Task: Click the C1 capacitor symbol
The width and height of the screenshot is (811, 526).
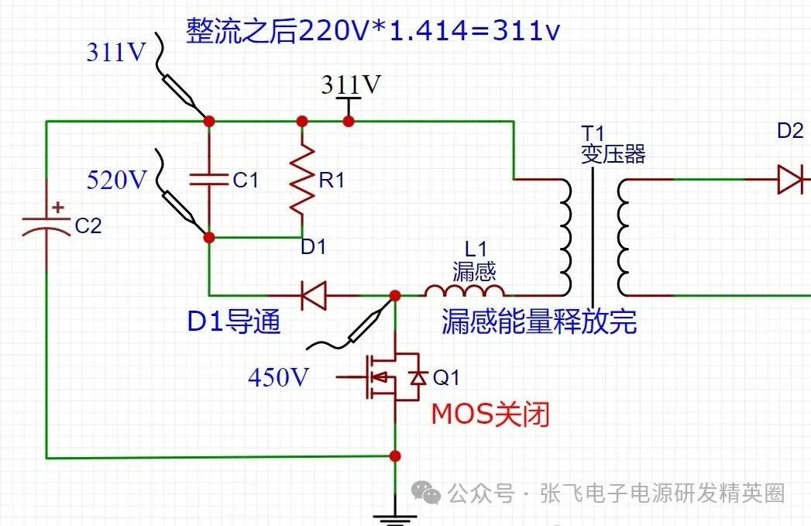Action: (209, 180)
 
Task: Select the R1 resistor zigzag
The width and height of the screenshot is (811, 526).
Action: (302, 180)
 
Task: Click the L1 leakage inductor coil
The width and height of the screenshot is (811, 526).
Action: (466, 291)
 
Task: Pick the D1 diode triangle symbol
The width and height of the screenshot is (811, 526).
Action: (314, 295)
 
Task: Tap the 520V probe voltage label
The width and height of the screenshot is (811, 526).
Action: (117, 180)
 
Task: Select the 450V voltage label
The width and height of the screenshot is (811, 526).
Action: (279, 377)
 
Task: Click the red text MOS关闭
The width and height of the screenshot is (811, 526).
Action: (490, 414)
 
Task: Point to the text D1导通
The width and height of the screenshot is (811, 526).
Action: (234, 321)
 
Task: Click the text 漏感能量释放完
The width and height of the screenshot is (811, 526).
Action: (539, 321)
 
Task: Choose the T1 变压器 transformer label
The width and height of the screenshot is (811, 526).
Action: (613, 144)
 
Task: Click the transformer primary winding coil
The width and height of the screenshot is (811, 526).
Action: (563, 237)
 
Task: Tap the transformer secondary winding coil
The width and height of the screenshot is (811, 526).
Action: (624, 237)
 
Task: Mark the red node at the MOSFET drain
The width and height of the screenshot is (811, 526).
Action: (395, 296)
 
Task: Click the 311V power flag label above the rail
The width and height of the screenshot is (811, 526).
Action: (351, 84)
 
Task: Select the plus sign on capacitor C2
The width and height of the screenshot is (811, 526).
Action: (58, 208)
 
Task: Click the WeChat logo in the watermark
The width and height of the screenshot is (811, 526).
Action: (426, 493)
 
